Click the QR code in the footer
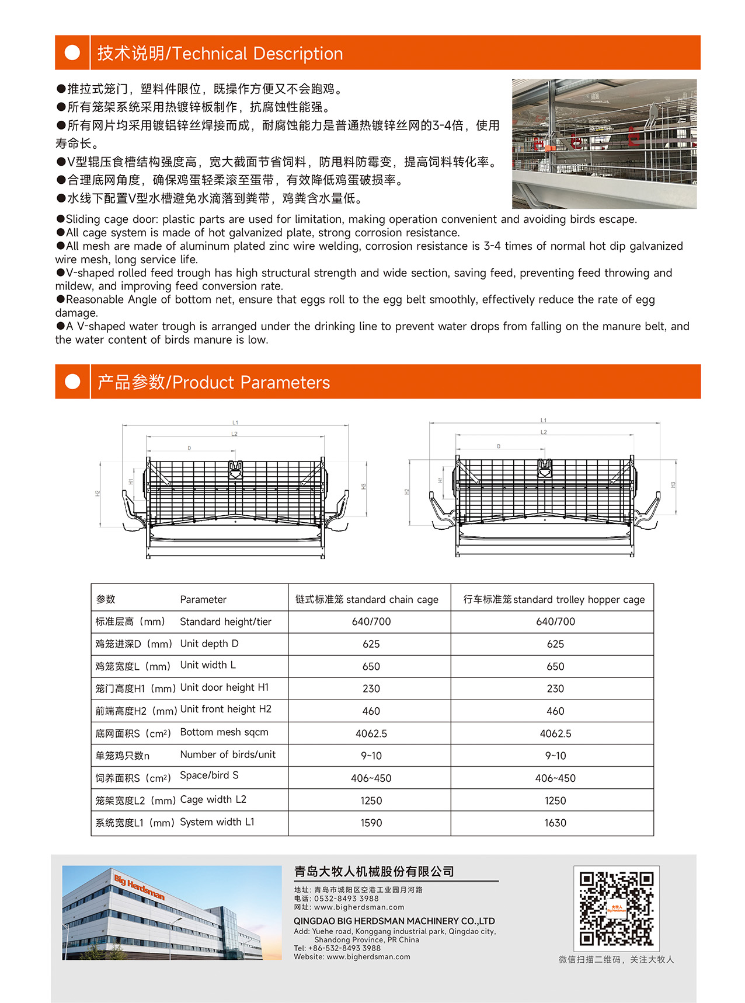click(x=616, y=908)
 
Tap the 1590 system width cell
click(x=371, y=823)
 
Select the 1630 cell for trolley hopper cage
click(x=555, y=823)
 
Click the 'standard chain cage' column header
click(x=367, y=599)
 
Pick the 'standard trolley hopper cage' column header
click(x=553, y=599)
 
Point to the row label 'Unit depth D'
click(x=209, y=644)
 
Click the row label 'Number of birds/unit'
click(x=228, y=754)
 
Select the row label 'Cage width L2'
click(x=213, y=799)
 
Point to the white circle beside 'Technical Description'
click(x=72, y=53)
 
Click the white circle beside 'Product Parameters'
click(x=72, y=382)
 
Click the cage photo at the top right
click(x=604, y=144)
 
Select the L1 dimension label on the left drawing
click(x=235, y=422)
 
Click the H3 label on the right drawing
click(x=673, y=485)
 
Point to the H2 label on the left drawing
click(x=98, y=494)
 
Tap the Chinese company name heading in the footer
click(x=374, y=872)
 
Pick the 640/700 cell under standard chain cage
click(x=371, y=621)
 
